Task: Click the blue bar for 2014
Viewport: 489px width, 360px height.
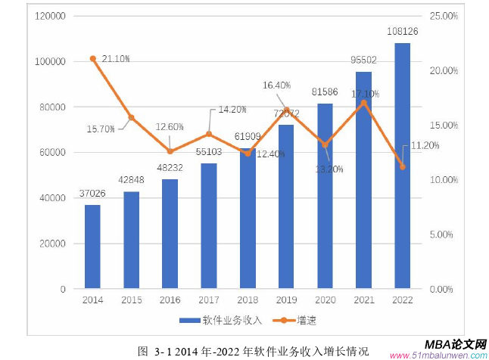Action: [x=92, y=247]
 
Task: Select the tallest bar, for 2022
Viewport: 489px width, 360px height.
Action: [x=402, y=166]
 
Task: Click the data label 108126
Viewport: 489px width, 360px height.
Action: [x=403, y=33]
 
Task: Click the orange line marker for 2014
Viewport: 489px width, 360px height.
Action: [x=92, y=58]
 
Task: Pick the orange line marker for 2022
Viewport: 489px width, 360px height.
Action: [x=402, y=166]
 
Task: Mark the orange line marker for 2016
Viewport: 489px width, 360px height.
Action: [x=170, y=151]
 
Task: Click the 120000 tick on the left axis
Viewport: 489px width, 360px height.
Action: [x=49, y=16]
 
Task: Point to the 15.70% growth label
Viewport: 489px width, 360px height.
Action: [x=101, y=129]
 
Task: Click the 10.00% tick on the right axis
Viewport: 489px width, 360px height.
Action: [x=442, y=180]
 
